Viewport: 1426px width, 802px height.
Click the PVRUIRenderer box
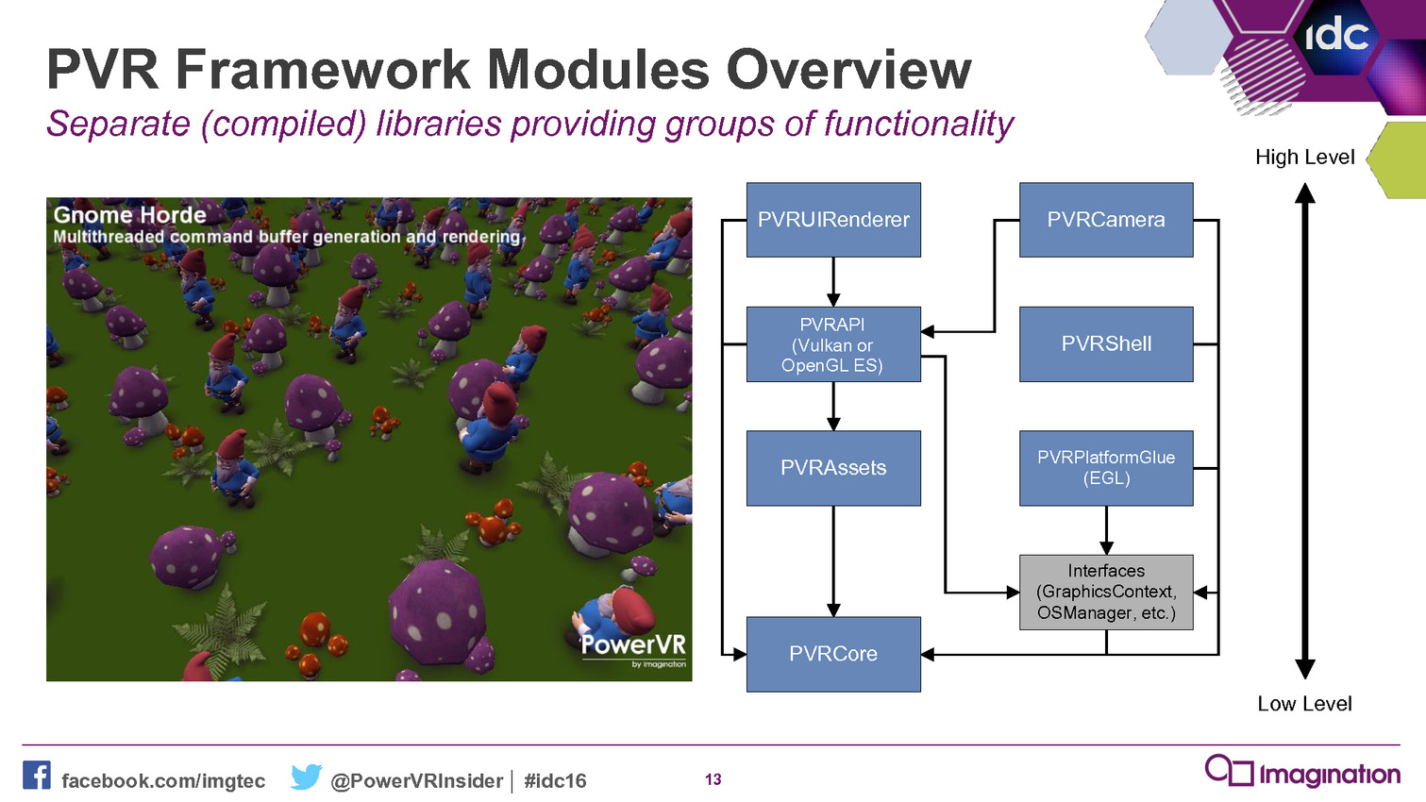point(833,220)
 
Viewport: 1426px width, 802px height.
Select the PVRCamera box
point(1106,220)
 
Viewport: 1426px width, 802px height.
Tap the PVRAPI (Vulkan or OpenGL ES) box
point(833,344)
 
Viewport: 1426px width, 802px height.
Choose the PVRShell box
point(1106,344)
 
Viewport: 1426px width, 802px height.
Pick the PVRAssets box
point(833,468)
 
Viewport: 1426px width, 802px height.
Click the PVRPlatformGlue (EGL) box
point(1106,468)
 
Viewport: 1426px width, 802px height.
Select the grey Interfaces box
point(1106,592)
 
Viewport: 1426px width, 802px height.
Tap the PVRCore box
point(833,654)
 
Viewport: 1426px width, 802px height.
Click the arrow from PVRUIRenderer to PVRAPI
point(833,282)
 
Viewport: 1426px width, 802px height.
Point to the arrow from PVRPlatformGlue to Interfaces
point(1106,530)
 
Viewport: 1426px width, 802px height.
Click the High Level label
point(1304,158)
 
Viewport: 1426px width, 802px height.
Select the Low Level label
point(1304,703)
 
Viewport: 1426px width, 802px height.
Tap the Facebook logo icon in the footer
point(36,775)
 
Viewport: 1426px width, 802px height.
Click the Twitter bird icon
point(306,777)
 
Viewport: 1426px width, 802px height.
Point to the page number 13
point(713,779)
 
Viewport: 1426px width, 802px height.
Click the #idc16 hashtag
point(555,780)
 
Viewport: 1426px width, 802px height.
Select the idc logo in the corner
point(1337,36)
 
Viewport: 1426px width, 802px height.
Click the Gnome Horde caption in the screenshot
point(129,215)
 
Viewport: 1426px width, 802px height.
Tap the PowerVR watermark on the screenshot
point(633,648)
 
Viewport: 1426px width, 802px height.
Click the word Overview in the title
point(849,70)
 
